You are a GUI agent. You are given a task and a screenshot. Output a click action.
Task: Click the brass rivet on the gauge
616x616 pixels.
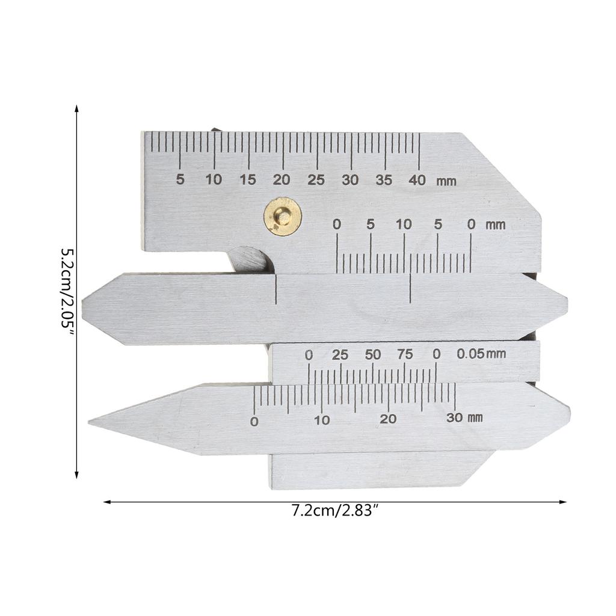pyautogui.click(x=283, y=217)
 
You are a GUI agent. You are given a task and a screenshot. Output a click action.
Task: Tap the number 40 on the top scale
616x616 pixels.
pyautogui.click(x=417, y=180)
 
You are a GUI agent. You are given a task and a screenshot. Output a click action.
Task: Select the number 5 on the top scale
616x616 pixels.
pyautogui.click(x=180, y=179)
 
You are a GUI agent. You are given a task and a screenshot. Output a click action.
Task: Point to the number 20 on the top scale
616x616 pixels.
pyautogui.click(x=282, y=180)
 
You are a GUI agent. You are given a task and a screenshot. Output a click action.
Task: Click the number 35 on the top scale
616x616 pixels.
pyautogui.click(x=384, y=180)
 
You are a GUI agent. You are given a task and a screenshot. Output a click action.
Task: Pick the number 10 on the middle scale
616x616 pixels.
pyautogui.click(x=404, y=224)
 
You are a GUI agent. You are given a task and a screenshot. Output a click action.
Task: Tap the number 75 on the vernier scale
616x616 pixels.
pyautogui.click(x=405, y=354)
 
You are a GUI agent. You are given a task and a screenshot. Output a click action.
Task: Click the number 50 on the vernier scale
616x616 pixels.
pyautogui.click(x=372, y=355)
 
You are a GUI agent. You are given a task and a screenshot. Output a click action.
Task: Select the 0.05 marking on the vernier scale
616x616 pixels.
pyautogui.click(x=470, y=354)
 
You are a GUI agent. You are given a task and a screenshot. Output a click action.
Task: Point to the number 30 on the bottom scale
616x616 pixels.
pyautogui.click(x=454, y=417)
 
